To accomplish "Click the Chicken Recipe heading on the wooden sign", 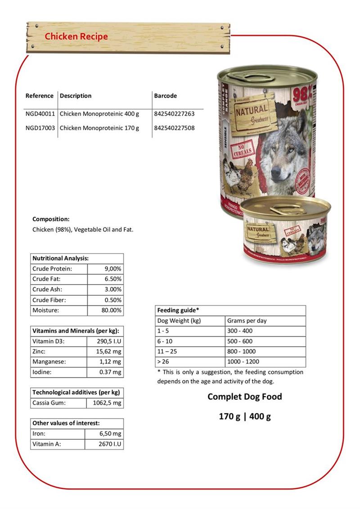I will click(76, 36).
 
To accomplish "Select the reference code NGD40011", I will click(40, 114).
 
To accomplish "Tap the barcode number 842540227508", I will click(174, 128).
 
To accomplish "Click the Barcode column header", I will click(165, 96).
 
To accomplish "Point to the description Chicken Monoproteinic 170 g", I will click(99, 128).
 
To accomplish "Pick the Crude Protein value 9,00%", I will click(112, 269).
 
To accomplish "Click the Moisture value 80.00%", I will click(111, 310).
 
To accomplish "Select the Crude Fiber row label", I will click(49, 300).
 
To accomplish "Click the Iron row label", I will click(39, 434).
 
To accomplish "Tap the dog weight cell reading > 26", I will click(163, 362).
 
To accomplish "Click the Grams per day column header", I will click(247, 321).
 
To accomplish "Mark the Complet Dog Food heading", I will click(245, 397).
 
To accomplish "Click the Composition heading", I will click(51, 219).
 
